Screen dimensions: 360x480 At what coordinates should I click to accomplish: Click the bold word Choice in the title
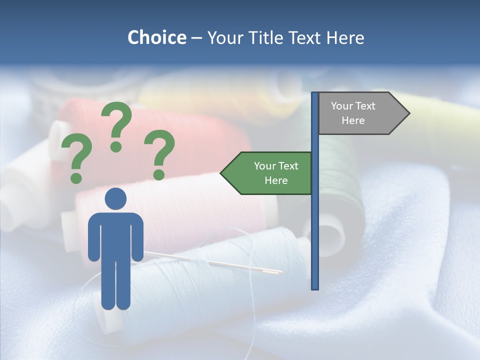point(156,37)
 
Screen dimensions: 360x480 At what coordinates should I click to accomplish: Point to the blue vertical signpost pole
point(315,225)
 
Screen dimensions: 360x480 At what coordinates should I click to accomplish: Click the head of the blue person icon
point(115,198)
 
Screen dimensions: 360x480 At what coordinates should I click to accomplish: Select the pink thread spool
point(200,205)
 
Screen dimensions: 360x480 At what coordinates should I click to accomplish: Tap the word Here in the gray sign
point(353,120)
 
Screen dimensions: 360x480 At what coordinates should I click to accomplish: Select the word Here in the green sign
point(276,180)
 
